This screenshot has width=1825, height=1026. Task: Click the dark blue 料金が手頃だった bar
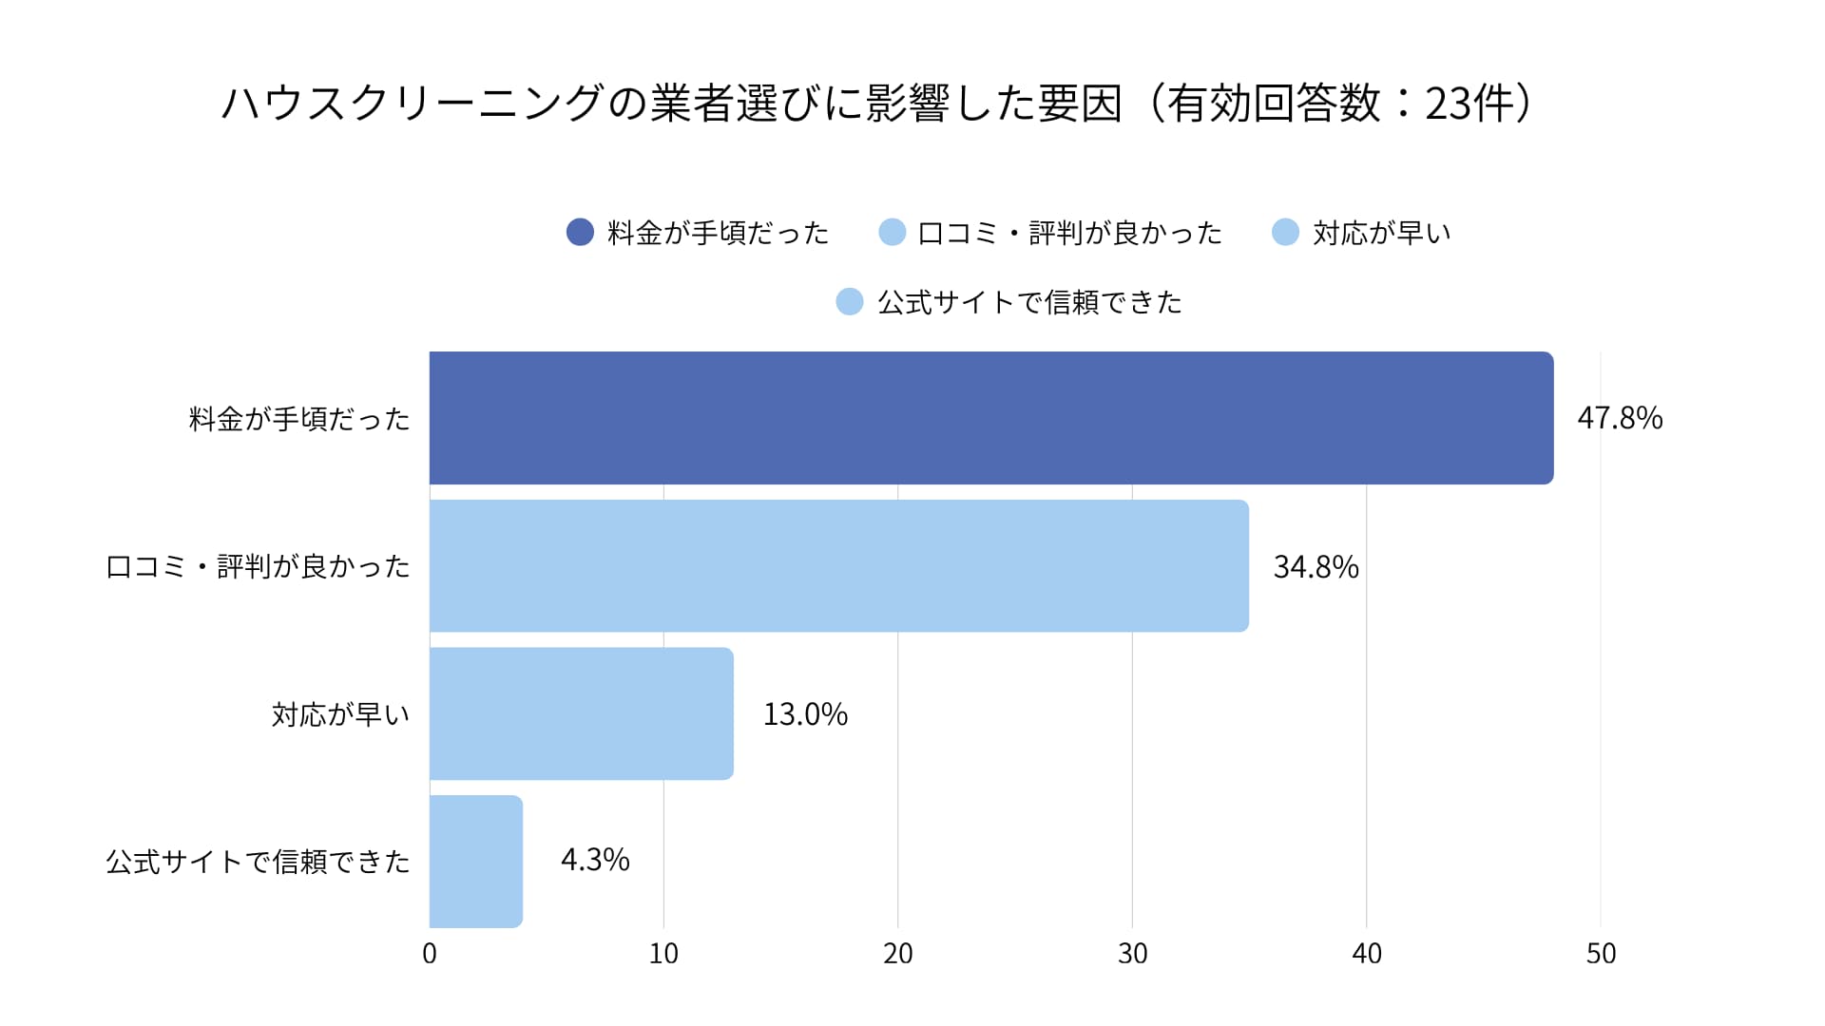991,418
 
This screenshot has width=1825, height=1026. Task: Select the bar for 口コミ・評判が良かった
838,566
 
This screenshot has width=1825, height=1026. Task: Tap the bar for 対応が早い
581,713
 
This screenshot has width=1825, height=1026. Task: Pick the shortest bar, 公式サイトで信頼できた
475,862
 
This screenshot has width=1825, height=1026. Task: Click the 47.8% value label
1620,418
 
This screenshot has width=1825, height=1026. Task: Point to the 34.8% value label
1316,567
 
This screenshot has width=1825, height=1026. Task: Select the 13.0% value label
805,714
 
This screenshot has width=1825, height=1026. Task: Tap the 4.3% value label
595,860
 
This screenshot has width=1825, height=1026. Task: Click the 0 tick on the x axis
430,954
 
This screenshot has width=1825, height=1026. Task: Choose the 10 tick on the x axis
663,954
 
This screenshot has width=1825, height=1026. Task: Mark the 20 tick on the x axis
898,954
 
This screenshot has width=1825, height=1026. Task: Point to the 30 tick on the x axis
1132,954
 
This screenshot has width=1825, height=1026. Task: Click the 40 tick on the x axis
1367,954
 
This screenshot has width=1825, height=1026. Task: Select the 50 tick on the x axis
1601,954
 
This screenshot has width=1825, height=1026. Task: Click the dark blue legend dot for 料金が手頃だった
580,232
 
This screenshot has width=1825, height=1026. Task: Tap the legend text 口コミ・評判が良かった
1069,233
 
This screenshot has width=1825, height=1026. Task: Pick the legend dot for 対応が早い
1285,232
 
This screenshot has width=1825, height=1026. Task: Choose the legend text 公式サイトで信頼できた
1029,302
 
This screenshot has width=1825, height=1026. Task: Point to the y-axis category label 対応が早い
340,714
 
